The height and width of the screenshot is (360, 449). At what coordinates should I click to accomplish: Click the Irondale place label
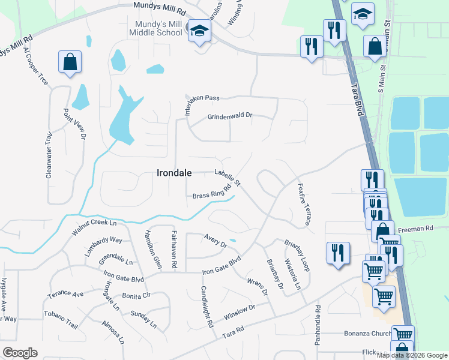(x=174, y=173)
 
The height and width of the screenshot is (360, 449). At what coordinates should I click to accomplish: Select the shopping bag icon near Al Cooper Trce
(x=70, y=62)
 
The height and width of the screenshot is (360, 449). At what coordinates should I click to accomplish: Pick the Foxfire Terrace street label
(x=304, y=204)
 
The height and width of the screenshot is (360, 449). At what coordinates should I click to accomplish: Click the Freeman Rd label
(x=420, y=229)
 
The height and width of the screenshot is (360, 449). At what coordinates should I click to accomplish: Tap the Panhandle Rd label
(x=318, y=326)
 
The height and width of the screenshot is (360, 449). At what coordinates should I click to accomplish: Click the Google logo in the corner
(x=20, y=353)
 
